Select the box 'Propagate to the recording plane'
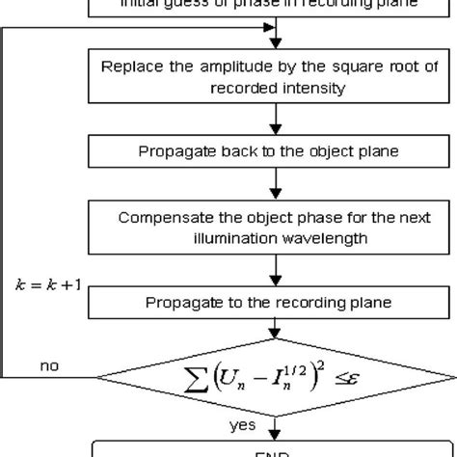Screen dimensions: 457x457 (276, 304)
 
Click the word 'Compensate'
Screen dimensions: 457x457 (161, 215)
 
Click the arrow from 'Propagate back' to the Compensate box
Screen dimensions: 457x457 (277, 186)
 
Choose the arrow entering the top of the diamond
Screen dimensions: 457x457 (277, 331)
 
